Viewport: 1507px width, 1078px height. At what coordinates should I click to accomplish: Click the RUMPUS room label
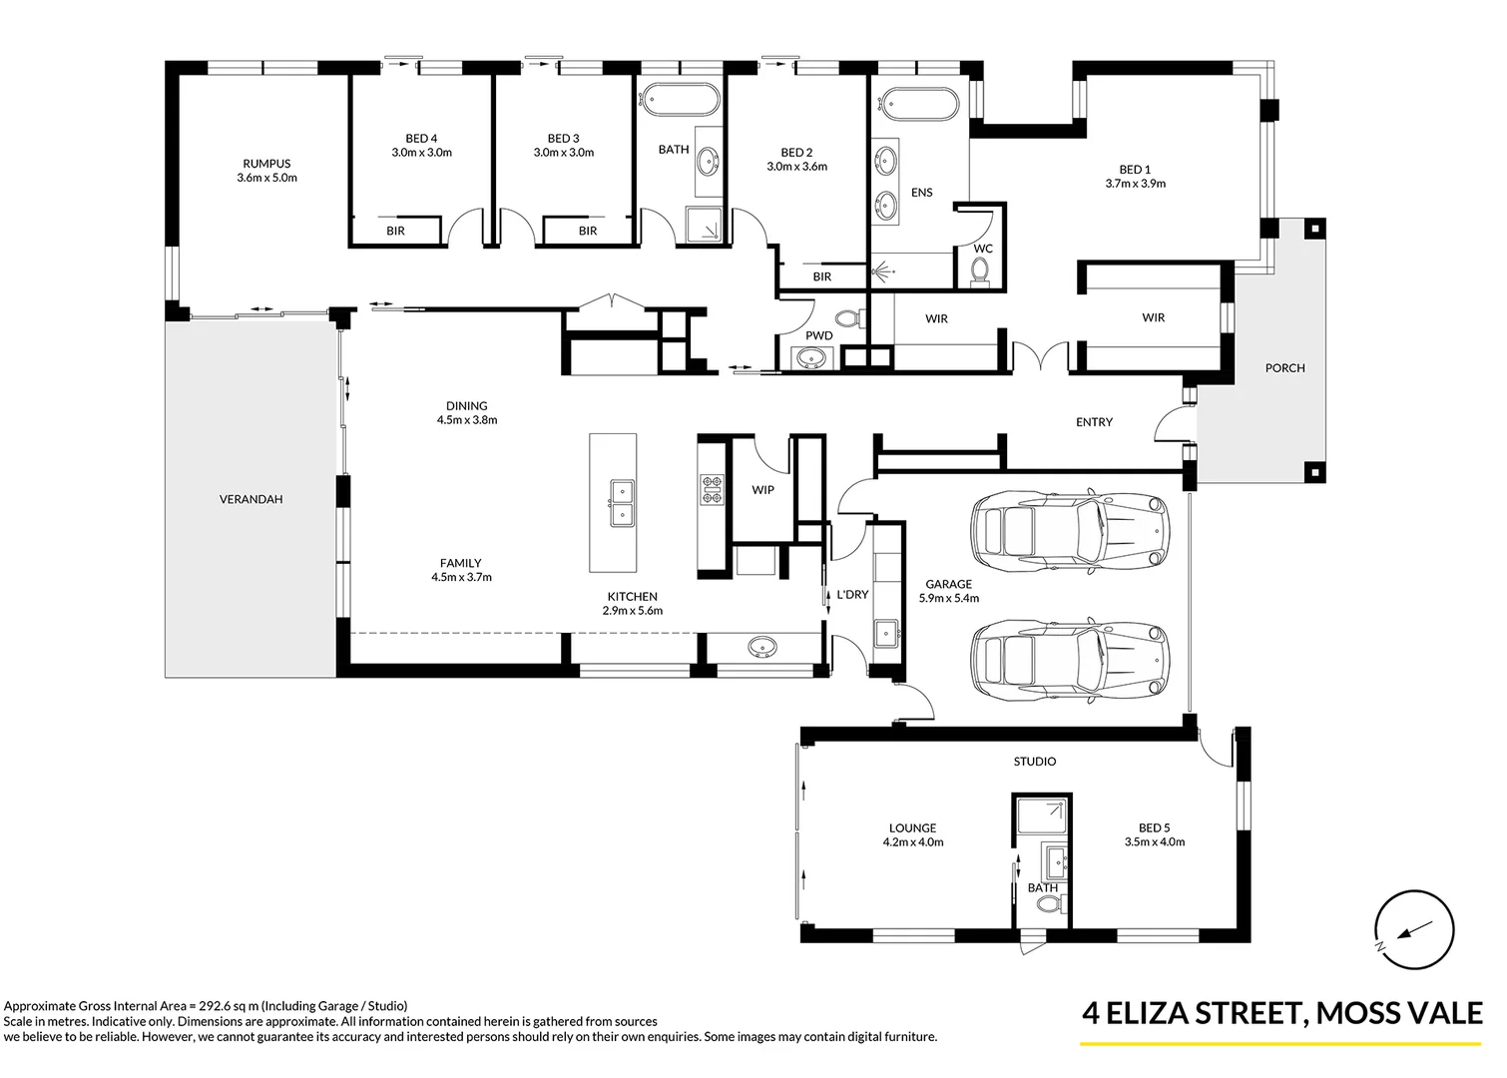click(x=266, y=164)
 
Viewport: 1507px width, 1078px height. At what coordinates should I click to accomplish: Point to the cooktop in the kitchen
click(x=712, y=490)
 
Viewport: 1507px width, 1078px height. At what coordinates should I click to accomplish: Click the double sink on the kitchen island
click(x=623, y=503)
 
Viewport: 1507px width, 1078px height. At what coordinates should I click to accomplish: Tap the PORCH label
click(x=1284, y=368)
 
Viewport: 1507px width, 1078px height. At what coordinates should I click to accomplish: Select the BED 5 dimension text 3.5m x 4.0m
click(x=1155, y=841)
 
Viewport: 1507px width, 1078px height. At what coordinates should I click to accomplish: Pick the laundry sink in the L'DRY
click(x=885, y=633)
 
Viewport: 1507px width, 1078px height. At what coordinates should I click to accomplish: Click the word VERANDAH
click(x=251, y=499)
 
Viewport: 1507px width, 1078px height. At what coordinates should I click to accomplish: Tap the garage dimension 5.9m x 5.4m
click(x=948, y=598)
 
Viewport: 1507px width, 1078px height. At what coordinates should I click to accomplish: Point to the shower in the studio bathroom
click(x=1042, y=816)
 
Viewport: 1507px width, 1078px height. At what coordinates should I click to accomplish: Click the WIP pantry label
click(x=762, y=490)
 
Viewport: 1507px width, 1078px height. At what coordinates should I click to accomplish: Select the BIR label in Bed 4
click(x=395, y=231)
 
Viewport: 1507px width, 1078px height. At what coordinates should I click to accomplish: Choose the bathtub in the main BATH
click(x=680, y=101)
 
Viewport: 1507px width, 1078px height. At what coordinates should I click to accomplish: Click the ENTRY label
click(x=1094, y=422)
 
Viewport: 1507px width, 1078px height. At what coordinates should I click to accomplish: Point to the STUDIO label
click(x=1035, y=762)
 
